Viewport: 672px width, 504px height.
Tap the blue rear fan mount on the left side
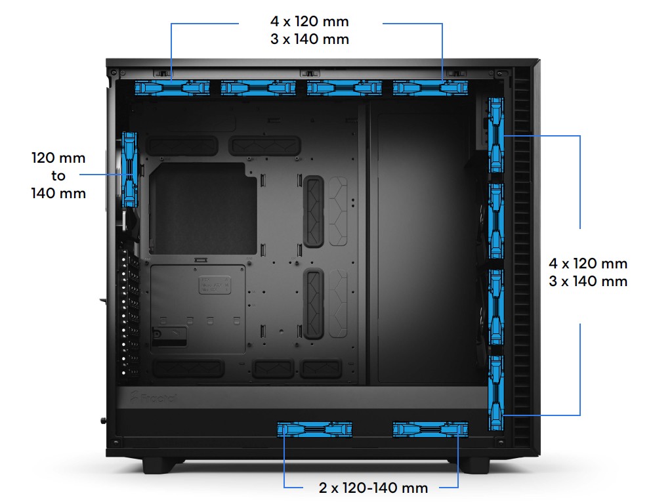pyautogui.click(x=130, y=169)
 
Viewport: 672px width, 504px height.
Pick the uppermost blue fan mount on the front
pyautogui.click(x=497, y=135)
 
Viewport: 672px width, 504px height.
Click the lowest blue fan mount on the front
pyautogui.click(x=497, y=392)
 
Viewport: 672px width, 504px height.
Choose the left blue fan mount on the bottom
pyautogui.click(x=315, y=429)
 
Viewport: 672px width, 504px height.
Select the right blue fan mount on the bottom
pyautogui.click(x=430, y=429)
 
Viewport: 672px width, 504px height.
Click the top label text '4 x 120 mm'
pyautogui.click(x=310, y=21)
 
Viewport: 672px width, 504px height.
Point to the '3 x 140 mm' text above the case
pyautogui.click(x=310, y=39)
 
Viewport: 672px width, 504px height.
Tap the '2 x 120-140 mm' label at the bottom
pyautogui.click(x=373, y=488)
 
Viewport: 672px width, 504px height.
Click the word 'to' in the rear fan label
pyautogui.click(x=59, y=175)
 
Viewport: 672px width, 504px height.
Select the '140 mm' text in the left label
pyautogui.click(x=59, y=194)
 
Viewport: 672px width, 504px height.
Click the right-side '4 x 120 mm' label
pyautogui.click(x=589, y=264)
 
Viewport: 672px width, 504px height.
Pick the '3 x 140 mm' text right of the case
pyautogui.click(x=589, y=282)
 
